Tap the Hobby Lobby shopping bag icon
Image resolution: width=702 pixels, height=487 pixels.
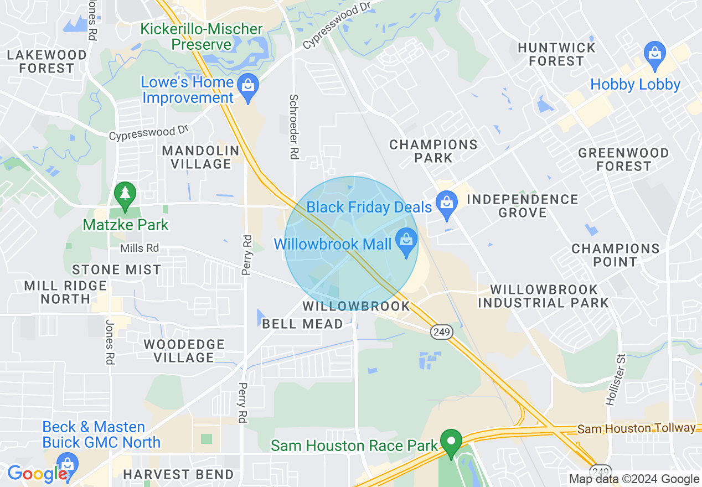pos(655,55)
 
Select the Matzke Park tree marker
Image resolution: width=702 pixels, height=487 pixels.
pos(126,194)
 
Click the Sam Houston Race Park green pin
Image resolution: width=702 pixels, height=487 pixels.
pos(451,442)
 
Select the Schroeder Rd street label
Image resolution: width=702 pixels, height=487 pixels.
pos(294,127)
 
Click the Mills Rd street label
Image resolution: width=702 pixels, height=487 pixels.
pos(140,248)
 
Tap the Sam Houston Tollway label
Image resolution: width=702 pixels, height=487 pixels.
pos(636,428)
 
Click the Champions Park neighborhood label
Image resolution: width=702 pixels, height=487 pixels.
pos(433,151)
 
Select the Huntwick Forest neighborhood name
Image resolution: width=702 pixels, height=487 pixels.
pos(556,54)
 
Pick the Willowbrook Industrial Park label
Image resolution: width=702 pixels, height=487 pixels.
pos(543,296)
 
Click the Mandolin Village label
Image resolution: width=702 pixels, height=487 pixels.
pos(201,157)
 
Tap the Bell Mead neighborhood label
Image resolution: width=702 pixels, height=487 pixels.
pos(302,324)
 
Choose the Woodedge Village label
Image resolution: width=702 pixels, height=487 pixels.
pos(184,351)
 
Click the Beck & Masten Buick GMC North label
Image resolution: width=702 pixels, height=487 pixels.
pos(101,434)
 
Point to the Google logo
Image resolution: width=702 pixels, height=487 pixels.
pos(38,474)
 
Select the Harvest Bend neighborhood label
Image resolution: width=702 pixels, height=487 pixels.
pos(178,474)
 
